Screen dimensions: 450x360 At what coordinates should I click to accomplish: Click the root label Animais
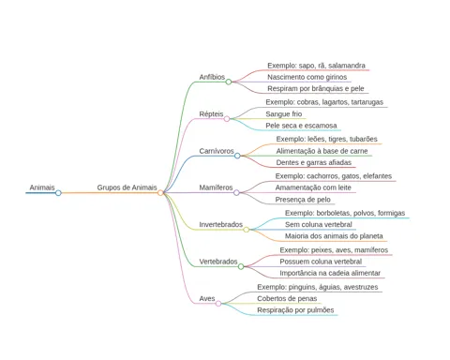click(x=42, y=187)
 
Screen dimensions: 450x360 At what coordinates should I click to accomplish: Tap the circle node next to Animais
click(x=58, y=193)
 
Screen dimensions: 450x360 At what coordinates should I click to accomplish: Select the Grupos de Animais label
click(x=127, y=187)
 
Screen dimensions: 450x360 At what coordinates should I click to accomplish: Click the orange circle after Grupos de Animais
click(x=160, y=193)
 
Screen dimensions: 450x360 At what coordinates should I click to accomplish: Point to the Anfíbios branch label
click(x=212, y=77)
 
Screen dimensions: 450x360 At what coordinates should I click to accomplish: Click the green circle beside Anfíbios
click(x=229, y=82)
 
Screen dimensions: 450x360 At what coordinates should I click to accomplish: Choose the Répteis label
click(x=211, y=113)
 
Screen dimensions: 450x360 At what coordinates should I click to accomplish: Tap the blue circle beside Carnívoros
click(x=237, y=156)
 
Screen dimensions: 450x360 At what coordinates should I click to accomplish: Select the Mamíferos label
click(x=216, y=187)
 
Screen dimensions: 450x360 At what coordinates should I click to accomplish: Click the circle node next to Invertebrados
click(x=247, y=230)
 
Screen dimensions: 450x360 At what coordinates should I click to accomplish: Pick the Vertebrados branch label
click(x=218, y=262)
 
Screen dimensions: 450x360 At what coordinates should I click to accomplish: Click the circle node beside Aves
click(x=218, y=304)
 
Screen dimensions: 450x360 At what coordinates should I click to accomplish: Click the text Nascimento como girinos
click(x=307, y=77)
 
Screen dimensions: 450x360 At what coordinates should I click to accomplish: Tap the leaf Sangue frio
click(x=284, y=113)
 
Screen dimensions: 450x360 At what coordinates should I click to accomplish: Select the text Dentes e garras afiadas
click(x=314, y=162)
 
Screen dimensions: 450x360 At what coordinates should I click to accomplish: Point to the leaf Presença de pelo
click(x=303, y=200)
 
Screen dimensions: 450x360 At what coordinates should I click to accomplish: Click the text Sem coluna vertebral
click(x=319, y=224)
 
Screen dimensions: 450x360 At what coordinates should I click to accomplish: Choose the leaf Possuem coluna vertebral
click(x=321, y=262)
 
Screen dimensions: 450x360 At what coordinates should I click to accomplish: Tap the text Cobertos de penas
click(x=287, y=298)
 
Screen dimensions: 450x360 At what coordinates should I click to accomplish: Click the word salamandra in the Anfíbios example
click(x=347, y=66)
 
